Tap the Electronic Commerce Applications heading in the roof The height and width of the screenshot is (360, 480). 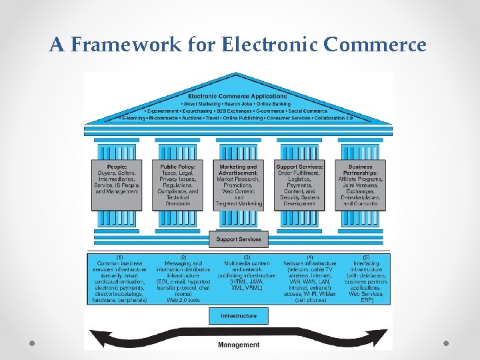pos(238,97)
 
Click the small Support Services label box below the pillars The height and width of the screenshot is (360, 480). pos(239,239)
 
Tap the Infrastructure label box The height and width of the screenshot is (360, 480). pos(239,315)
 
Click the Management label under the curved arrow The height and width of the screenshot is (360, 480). pos(239,345)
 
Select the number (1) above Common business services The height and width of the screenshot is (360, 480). pos(119,257)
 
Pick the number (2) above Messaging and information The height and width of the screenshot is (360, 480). pos(182,257)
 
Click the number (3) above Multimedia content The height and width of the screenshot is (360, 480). pos(247,257)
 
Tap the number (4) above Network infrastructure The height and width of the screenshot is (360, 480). pos(309,257)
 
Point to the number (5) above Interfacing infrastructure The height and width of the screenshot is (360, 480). pos(365,257)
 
